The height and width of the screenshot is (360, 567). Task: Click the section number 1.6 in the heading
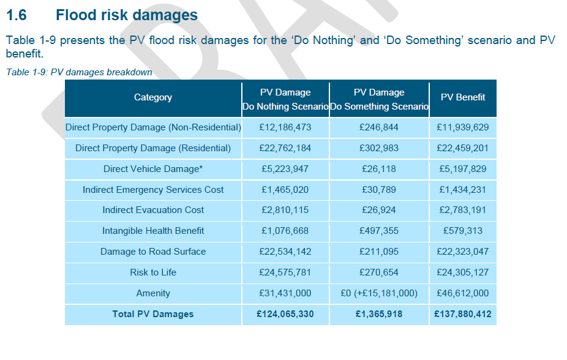point(18,15)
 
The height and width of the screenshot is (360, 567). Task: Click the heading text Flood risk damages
point(127,15)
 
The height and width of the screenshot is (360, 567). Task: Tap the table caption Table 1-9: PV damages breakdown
point(79,72)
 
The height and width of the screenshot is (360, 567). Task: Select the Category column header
point(153,97)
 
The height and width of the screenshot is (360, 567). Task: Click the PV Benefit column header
point(463,97)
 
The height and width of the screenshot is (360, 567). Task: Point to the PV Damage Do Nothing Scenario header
point(285,99)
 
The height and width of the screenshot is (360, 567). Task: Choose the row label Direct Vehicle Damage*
point(153,169)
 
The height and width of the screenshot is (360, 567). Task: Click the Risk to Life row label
point(153,272)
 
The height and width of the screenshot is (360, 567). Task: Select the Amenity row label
point(153,293)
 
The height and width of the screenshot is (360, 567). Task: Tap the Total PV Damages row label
point(153,314)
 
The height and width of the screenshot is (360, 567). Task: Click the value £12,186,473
point(285,127)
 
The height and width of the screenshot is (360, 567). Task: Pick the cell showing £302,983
point(379,148)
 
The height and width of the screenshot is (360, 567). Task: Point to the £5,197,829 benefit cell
point(463,169)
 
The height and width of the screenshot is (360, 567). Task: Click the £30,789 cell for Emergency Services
point(379,190)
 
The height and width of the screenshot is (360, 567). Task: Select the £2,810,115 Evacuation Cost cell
point(285,210)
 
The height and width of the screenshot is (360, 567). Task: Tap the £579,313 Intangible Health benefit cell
point(463,231)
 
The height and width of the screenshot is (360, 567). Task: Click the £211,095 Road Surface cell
point(379,252)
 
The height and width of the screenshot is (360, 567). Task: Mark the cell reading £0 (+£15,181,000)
point(379,293)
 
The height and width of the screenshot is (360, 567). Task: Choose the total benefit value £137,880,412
point(463,314)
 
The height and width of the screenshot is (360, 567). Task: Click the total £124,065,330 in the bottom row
point(285,314)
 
